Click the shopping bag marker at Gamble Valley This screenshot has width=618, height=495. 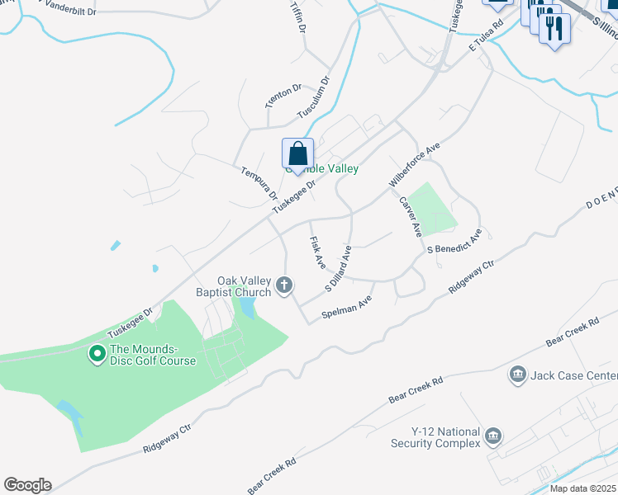click(x=298, y=154)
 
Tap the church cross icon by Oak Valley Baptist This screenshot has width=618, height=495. click(x=284, y=285)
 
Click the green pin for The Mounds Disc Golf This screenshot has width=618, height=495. click(x=97, y=355)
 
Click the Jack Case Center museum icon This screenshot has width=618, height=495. click(x=518, y=375)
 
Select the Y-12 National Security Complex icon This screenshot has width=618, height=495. click(x=493, y=436)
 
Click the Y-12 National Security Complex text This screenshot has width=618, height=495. click(x=435, y=437)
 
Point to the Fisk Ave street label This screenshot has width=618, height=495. click(x=317, y=252)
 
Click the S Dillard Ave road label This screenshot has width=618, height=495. click(x=339, y=268)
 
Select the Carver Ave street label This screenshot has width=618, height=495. click(x=411, y=215)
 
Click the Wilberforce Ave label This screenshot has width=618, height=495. click(x=415, y=163)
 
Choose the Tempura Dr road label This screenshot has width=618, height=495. click(x=259, y=183)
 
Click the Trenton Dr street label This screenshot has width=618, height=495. click(x=283, y=97)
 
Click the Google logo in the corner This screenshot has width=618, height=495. click(x=27, y=485)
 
